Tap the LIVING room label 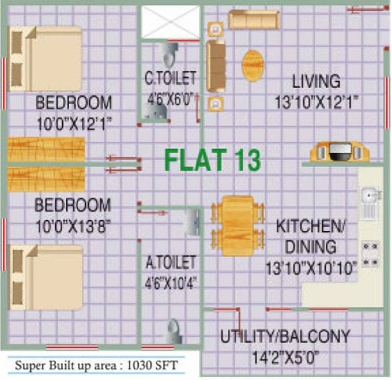(x=315, y=81)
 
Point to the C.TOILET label (x=170, y=78)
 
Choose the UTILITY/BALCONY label (x=285, y=336)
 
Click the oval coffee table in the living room (x=253, y=65)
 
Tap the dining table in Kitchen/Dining (x=237, y=226)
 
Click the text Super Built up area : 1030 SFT (x=96, y=366)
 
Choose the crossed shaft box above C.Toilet (x=170, y=21)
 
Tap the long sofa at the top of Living (x=254, y=19)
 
